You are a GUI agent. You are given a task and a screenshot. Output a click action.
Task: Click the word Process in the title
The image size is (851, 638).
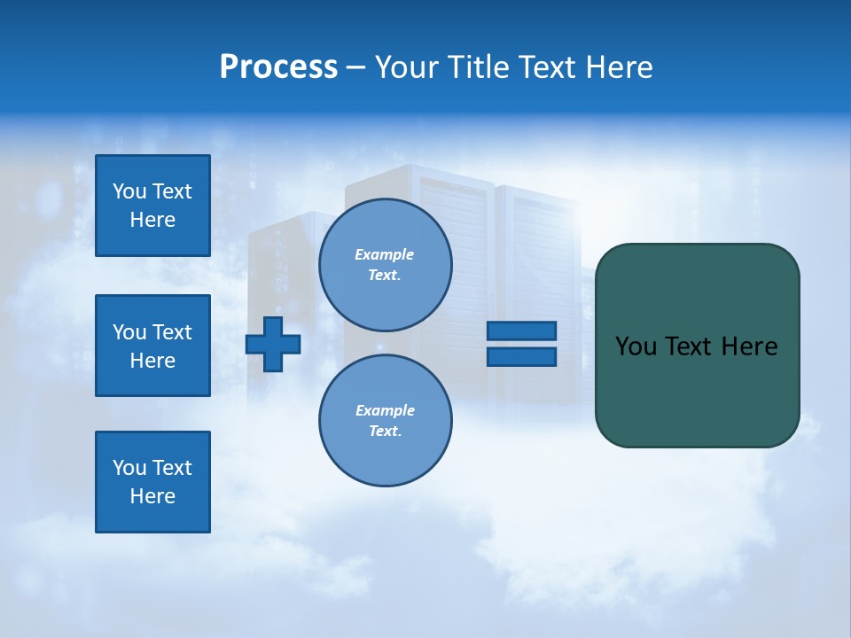click(278, 67)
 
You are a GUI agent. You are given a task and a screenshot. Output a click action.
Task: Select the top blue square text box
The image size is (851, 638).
click(152, 206)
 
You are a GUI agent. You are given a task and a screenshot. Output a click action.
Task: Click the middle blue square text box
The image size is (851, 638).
click(152, 346)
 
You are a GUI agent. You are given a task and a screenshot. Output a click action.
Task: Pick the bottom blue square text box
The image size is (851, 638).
click(152, 482)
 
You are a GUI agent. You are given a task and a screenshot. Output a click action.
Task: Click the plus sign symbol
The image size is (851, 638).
click(273, 344)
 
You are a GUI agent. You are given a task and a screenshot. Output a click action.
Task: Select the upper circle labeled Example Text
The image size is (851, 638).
click(385, 265)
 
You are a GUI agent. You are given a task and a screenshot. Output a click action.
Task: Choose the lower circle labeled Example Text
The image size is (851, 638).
click(385, 421)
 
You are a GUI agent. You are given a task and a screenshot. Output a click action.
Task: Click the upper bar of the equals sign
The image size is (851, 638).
click(521, 331)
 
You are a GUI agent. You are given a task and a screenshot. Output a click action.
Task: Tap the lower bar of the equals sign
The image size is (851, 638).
click(521, 357)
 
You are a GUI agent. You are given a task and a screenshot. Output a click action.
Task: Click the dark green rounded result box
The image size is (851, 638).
click(697, 390)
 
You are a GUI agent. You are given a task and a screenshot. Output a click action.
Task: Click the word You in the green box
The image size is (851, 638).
click(636, 346)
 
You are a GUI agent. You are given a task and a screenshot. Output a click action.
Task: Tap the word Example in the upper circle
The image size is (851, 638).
click(385, 254)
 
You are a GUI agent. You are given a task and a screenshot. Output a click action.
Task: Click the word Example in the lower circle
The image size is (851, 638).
click(385, 410)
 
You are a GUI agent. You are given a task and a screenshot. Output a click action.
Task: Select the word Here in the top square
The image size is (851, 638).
click(152, 220)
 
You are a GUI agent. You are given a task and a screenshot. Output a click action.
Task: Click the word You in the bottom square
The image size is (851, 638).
click(129, 468)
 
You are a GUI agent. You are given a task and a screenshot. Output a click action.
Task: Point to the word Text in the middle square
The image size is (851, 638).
click(172, 332)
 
